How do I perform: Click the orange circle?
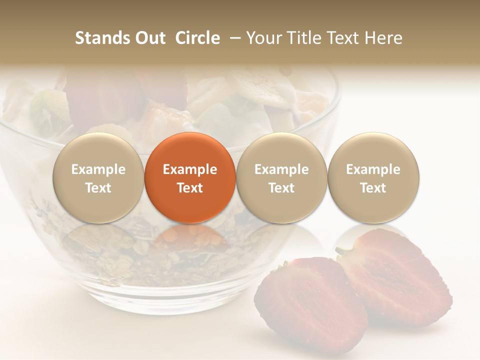pos(190,178)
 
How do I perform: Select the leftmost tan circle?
pos(98,178)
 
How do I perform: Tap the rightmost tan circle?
pos(373,178)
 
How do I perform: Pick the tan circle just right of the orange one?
pos(281,178)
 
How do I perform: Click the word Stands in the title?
pos(103,38)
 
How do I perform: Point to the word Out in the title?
pos(150,38)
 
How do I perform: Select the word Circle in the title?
pos(197,38)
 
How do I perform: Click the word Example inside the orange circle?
pos(190,169)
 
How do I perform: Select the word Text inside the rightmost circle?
pos(373,188)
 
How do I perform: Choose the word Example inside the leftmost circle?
pos(98,169)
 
